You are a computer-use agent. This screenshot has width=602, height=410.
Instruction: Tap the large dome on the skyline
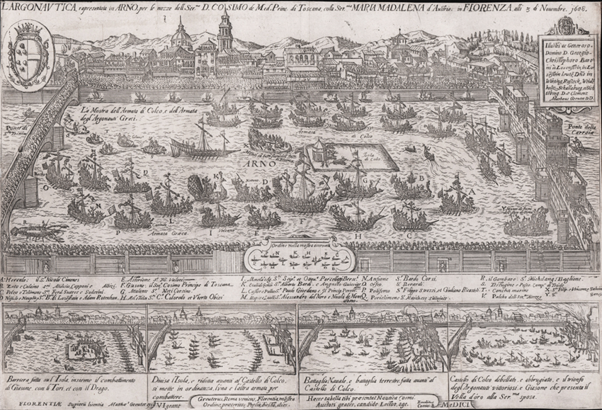[181, 35]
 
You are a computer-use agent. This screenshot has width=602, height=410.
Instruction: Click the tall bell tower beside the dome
[225, 31]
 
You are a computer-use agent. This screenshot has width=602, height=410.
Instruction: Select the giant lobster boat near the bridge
[37, 230]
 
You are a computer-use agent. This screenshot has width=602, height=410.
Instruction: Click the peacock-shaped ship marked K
[209, 187]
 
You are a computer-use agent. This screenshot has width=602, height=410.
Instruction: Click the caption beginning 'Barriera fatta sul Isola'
[71, 388]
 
